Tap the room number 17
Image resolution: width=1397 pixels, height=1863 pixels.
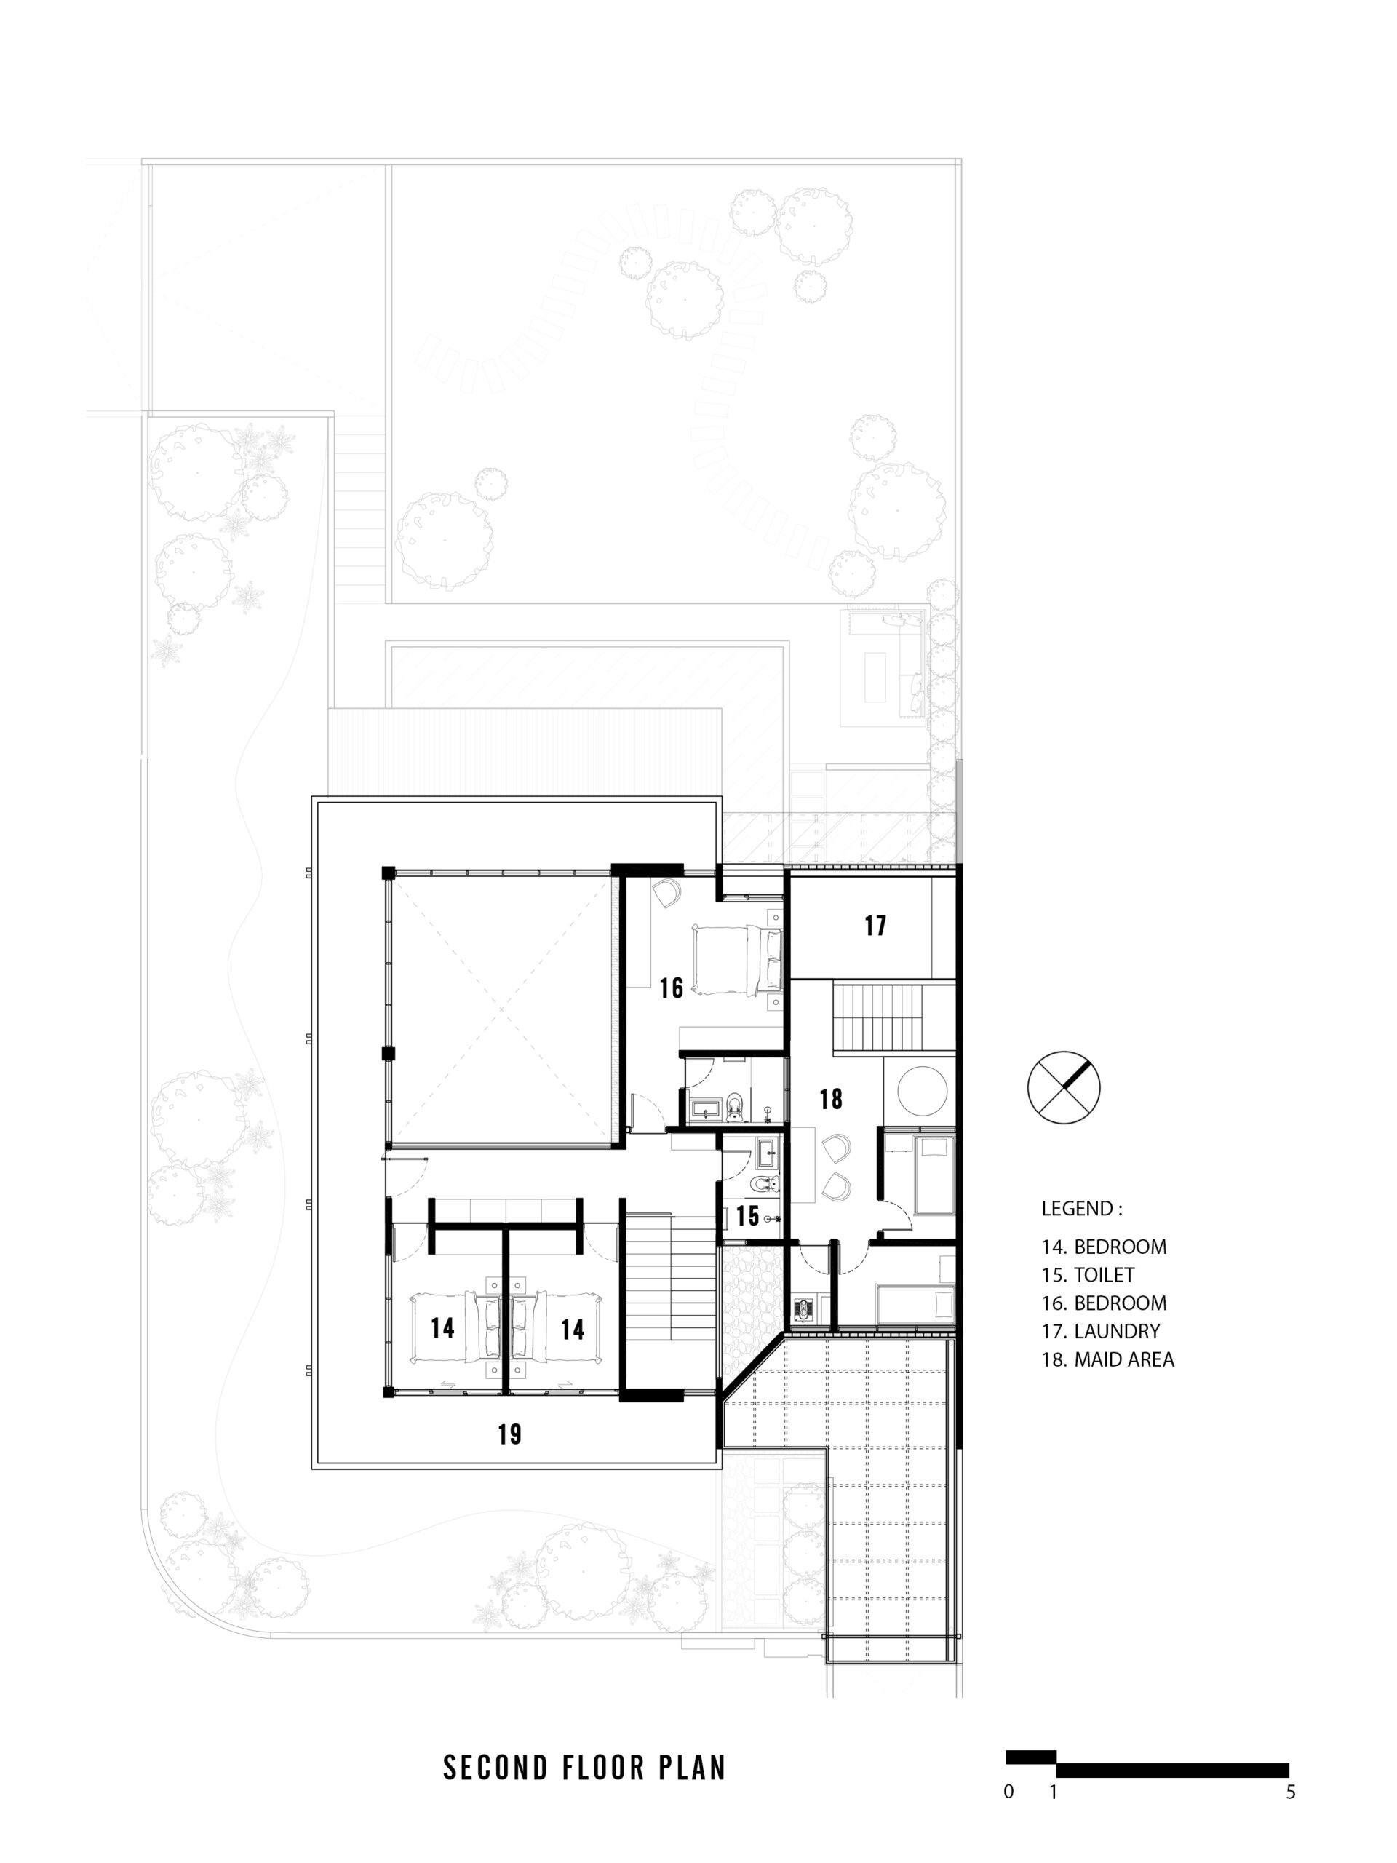coord(875,926)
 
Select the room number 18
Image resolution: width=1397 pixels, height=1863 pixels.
coord(830,1098)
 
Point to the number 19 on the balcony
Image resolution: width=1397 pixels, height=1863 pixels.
coord(509,1434)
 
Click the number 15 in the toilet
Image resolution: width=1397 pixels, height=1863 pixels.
coord(748,1215)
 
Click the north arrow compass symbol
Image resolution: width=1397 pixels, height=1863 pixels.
coord(1064,1087)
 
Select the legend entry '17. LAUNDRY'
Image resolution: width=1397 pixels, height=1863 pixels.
coord(1102,1331)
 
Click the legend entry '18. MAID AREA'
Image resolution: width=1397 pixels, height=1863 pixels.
coord(1108,1359)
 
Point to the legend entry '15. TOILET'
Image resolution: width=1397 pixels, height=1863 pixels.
coord(1088,1274)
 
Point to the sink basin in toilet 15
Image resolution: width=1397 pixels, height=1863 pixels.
coord(767,1151)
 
